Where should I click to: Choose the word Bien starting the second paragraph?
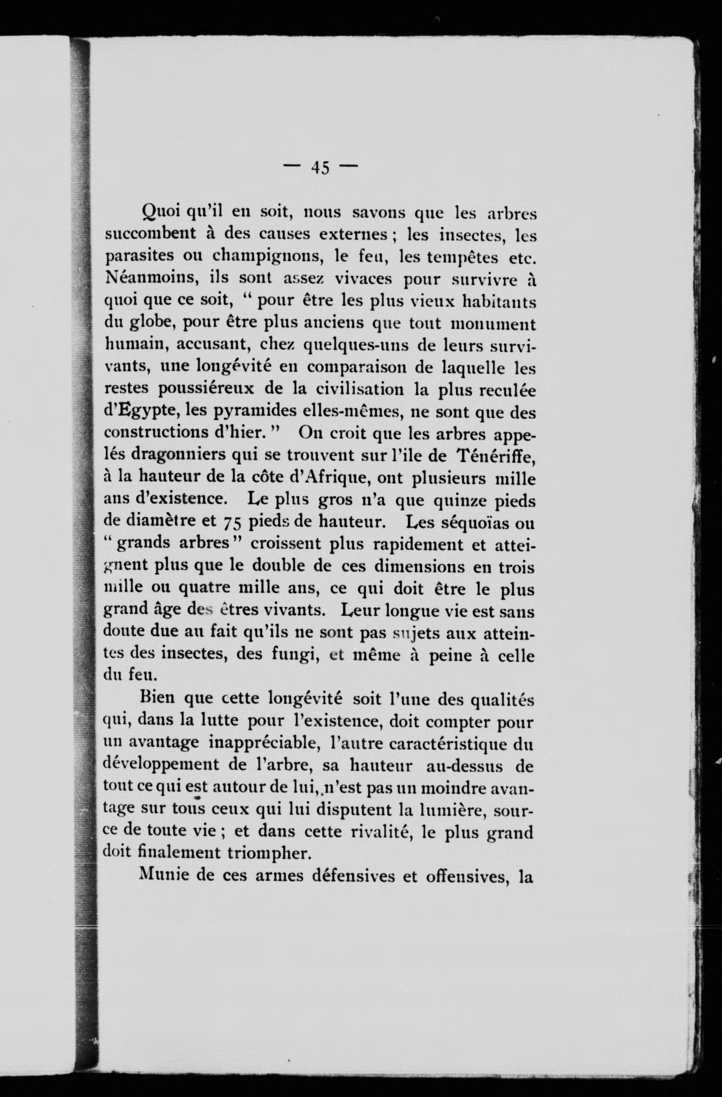point(157,700)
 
